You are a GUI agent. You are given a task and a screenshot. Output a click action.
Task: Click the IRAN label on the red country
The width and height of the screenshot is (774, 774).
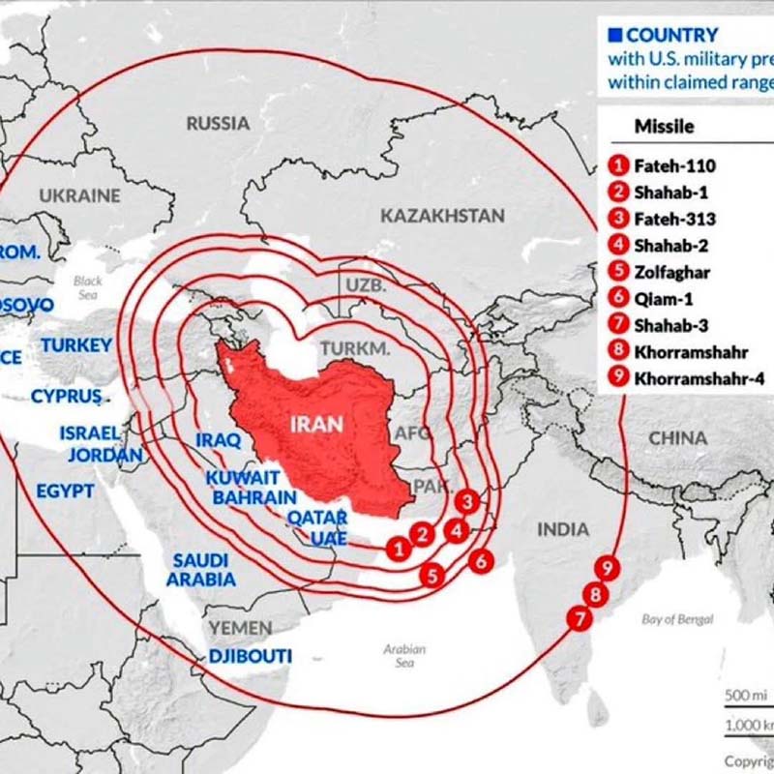click(x=316, y=424)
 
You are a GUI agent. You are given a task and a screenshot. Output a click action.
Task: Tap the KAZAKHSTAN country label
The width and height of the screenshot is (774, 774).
click(x=442, y=215)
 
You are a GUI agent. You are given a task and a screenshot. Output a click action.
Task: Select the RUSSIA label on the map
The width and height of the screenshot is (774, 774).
click(x=218, y=123)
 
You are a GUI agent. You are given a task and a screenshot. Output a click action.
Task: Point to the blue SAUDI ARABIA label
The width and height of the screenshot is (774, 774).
click(x=200, y=570)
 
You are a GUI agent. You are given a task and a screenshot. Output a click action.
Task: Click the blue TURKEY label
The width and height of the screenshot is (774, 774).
click(x=76, y=344)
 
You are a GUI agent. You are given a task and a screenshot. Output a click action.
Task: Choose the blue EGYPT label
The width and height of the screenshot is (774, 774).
click(x=66, y=491)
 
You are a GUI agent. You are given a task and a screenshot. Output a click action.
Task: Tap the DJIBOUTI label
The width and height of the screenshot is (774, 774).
click(x=251, y=656)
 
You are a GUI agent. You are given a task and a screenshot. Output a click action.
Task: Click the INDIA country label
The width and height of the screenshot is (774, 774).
click(x=562, y=529)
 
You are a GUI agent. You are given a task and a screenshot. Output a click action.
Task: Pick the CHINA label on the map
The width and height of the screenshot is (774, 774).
click(x=677, y=438)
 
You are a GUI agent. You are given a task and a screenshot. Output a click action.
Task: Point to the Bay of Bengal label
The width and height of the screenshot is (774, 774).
click(x=677, y=619)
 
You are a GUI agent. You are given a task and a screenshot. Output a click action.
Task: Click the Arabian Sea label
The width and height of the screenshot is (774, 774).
click(x=404, y=656)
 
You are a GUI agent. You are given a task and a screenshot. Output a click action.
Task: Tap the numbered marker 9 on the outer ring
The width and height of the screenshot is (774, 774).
click(x=608, y=568)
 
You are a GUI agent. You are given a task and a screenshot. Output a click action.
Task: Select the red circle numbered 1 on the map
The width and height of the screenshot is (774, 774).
click(x=397, y=549)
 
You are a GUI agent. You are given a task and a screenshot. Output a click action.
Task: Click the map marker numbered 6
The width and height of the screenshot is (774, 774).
click(x=480, y=559)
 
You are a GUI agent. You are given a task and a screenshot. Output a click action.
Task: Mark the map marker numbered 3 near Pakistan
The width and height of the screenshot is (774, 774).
click(x=467, y=501)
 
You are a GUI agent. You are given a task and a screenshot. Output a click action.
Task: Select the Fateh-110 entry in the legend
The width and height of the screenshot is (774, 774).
click(x=674, y=165)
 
